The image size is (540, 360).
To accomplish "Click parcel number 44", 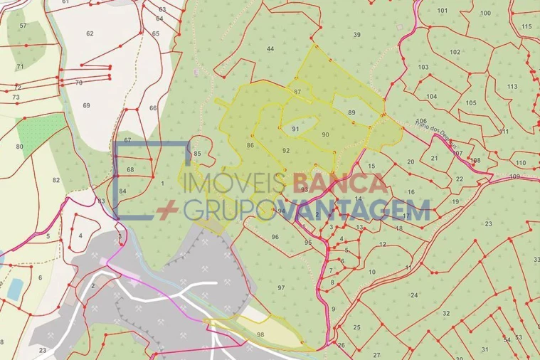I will coord(270,48).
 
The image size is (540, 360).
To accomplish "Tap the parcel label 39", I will coord(356,35).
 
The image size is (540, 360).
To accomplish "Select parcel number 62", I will coord(90,33).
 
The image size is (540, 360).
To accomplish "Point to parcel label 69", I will coord(86,105).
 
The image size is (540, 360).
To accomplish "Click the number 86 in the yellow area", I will coord(250,145).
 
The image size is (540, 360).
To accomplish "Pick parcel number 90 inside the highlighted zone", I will coord(325,134).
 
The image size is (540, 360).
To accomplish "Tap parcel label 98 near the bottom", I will coord(260,334).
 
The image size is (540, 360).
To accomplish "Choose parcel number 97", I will coord(282,287).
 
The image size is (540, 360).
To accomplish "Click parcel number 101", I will coord(443,11).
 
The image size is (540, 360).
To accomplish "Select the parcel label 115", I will coord(526,26).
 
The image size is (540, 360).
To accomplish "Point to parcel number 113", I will coord(512,86).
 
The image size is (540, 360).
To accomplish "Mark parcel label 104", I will coord(431,96).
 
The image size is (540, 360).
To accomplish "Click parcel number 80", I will coord(20,147).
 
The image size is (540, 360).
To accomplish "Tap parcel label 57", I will coord(23,26).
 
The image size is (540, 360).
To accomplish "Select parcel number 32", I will coord(446,313).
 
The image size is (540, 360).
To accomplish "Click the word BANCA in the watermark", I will coord(344,184).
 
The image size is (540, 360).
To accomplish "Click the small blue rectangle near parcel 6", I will coord(14,288).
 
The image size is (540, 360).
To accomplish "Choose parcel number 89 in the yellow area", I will coord(351,112).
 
